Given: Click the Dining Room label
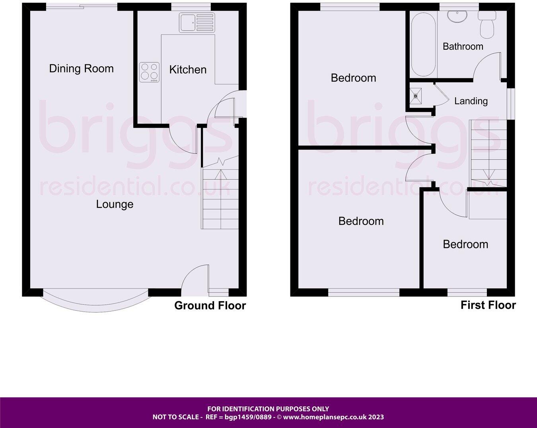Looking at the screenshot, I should point(81,68).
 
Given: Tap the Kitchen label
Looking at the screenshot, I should point(188,70).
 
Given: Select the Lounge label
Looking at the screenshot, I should point(115,204).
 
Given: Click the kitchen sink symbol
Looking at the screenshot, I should point(197,22).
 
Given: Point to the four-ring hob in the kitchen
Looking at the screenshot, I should point(149,72).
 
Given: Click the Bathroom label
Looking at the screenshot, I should point(463,46).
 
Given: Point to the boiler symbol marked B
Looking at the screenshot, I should point(416,96).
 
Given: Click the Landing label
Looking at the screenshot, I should point(471,101).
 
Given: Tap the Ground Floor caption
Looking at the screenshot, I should point(210,306).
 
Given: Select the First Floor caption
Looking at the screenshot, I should point(488,305).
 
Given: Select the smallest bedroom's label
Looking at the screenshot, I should point(465,244).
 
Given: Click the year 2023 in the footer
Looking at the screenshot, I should point(376,417).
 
